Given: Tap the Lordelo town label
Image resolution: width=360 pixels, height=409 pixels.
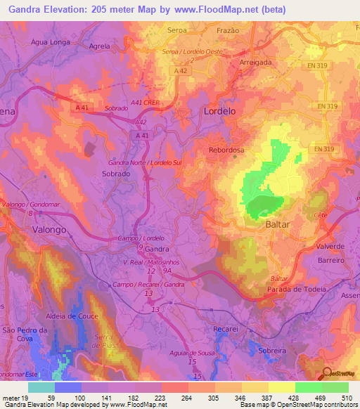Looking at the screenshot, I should [x=219, y=111].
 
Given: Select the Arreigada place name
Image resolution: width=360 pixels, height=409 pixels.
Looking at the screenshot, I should [x=255, y=62].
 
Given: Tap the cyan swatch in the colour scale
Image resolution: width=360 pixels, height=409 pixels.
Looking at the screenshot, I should [x=41, y=387].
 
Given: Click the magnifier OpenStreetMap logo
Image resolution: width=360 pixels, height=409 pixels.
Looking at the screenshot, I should [x=328, y=373].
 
